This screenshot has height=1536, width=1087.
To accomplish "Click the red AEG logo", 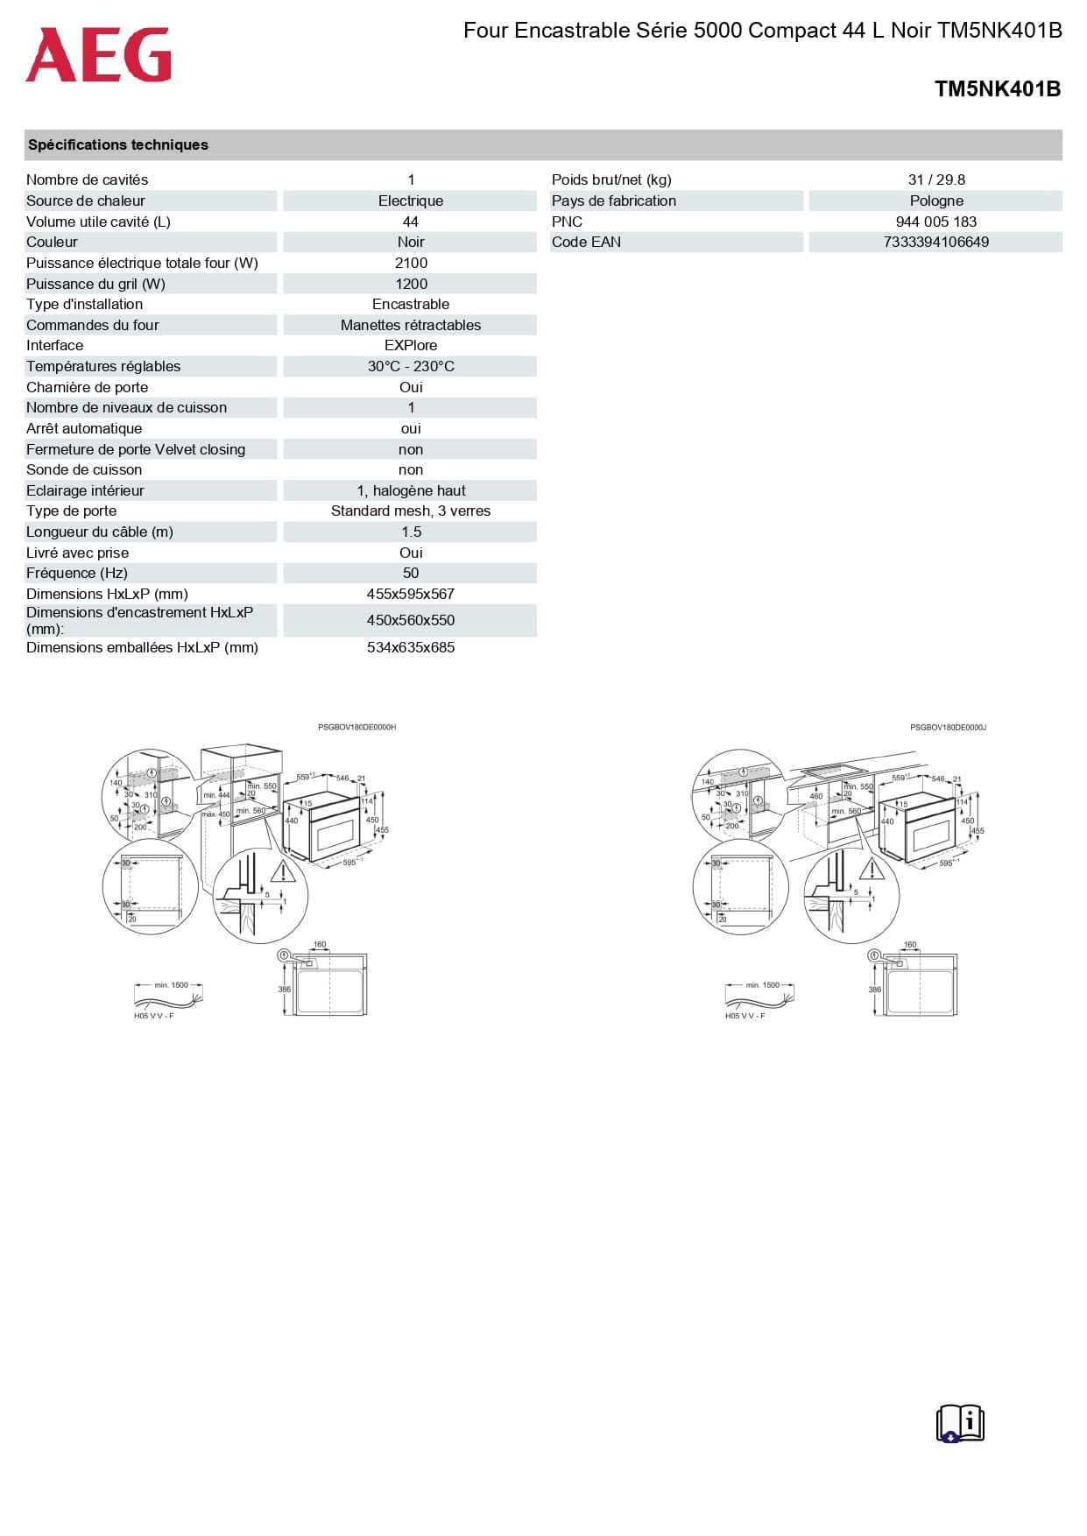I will (98, 54).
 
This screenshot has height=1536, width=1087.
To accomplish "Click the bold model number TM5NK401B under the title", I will (997, 88).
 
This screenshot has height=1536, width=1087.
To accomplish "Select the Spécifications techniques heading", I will (118, 144).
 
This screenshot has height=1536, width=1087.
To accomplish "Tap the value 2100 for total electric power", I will (411, 263).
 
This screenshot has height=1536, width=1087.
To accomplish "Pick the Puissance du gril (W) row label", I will (95, 284).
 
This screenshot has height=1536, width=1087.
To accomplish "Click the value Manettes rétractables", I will (411, 325).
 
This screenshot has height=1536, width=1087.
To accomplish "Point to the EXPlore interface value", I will (411, 345).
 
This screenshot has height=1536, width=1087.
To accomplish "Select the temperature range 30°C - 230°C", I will (411, 366).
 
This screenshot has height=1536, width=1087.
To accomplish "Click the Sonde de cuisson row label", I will (84, 469).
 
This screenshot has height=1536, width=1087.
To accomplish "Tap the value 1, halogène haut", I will (411, 490).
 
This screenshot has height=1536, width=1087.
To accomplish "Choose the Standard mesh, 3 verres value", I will (411, 511).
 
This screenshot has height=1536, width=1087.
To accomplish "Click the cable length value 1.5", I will (411, 532).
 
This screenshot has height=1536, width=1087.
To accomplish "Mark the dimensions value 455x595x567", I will (411, 594).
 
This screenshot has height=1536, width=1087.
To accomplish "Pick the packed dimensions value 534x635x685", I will (411, 647).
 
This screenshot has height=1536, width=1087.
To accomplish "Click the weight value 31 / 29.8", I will (936, 180).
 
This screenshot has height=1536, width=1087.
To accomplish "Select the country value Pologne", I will (936, 201).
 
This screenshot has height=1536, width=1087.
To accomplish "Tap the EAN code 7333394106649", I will (936, 242).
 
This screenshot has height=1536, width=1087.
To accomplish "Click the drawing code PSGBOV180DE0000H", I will (356, 727).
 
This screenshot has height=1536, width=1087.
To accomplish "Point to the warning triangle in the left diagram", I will (283, 871).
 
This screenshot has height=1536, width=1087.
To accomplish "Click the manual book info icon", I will (960, 1423).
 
